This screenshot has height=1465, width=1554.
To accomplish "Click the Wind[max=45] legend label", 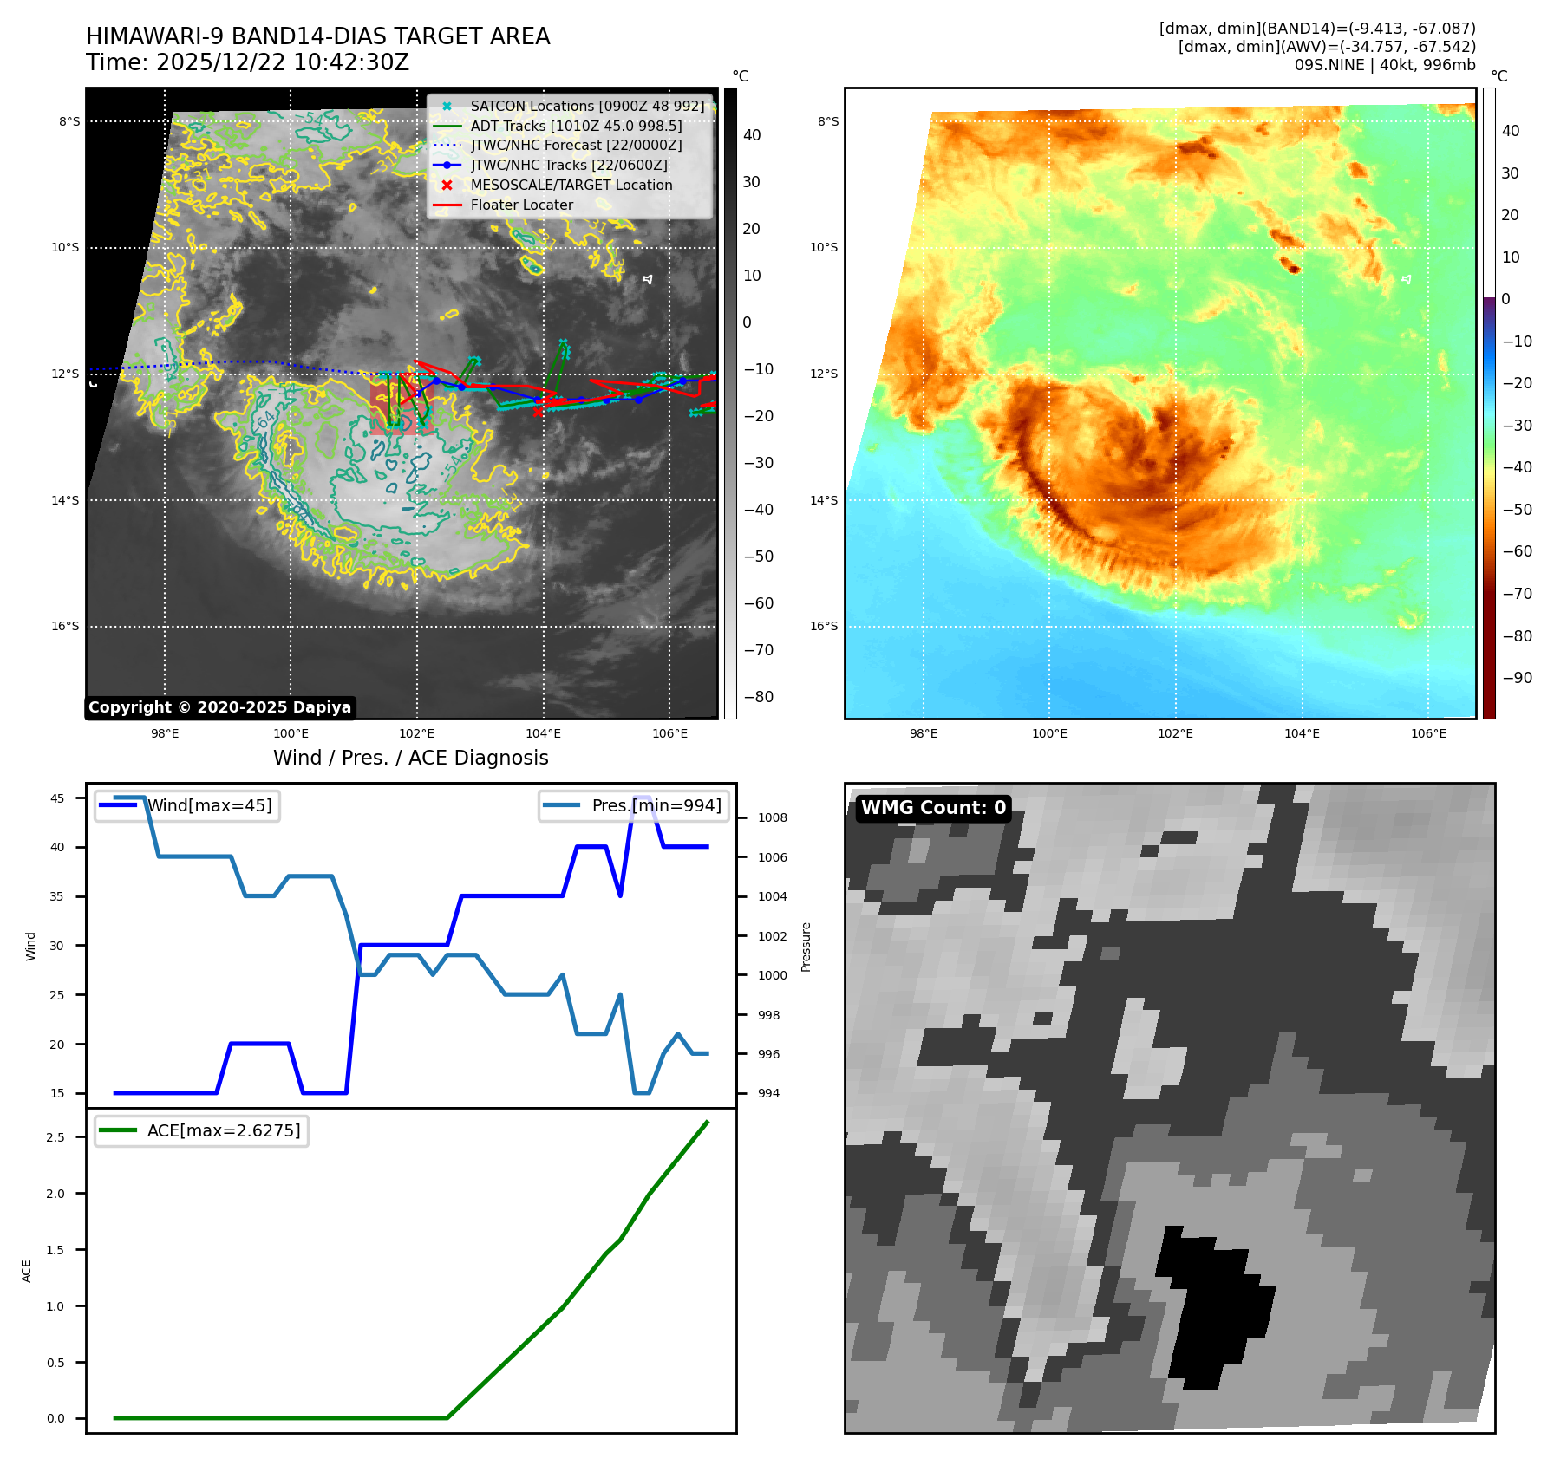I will click(x=209, y=806).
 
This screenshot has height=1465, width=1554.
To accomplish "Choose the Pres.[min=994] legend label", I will click(x=656, y=806).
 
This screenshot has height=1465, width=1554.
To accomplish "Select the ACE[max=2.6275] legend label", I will click(x=224, y=1131).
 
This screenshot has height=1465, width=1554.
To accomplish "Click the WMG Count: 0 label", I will click(x=933, y=808).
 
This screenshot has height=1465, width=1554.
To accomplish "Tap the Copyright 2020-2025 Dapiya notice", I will click(x=219, y=707).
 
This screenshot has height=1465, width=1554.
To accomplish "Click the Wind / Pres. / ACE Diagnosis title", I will click(x=410, y=759).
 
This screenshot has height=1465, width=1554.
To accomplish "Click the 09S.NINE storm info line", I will click(x=1384, y=65).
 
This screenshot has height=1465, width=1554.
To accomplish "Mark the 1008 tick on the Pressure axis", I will click(x=772, y=817).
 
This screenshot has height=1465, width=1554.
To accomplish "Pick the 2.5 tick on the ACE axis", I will click(x=55, y=1137).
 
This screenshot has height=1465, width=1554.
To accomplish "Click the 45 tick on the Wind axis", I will click(x=57, y=798).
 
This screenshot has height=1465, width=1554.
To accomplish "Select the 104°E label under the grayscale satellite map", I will click(x=543, y=734).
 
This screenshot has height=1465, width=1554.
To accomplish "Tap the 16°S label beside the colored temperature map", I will click(x=824, y=626).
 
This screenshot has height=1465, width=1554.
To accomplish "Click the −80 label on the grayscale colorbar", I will click(x=758, y=697).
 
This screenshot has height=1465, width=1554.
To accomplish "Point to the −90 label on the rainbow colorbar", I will click(x=1517, y=678).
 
